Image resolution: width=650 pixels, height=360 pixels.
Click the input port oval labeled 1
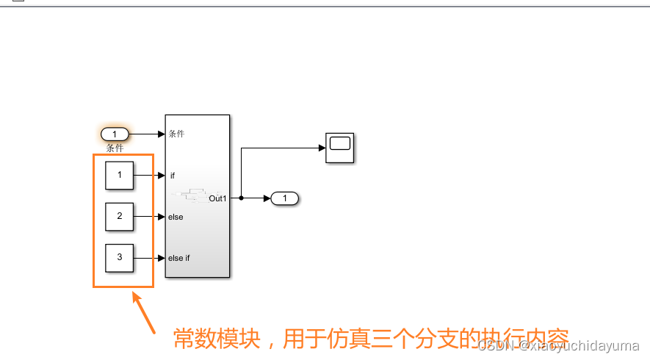tap(115, 134)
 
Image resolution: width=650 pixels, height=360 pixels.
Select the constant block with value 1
tap(119, 176)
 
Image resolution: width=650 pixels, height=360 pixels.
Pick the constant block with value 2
tap(119, 217)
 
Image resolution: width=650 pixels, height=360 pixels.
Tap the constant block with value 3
tap(119, 258)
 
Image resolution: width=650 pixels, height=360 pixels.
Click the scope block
tap(339, 147)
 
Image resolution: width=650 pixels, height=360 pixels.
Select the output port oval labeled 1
tap(284, 198)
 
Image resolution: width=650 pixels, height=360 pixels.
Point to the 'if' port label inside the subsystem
tap(173, 176)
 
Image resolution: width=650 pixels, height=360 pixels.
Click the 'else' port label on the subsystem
tap(176, 217)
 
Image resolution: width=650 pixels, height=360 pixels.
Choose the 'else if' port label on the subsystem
tap(179, 258)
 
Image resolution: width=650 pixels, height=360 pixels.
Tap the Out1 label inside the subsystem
tap(217, 198)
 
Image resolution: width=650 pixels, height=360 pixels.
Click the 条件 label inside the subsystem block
tap(176, 134)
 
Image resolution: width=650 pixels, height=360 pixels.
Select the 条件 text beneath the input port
tap(115, 148)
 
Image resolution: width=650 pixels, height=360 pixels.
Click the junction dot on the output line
tap(241, 198)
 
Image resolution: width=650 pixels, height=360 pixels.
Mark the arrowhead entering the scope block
tap(321, 148)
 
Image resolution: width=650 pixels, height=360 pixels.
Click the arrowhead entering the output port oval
tap(267, 198)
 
